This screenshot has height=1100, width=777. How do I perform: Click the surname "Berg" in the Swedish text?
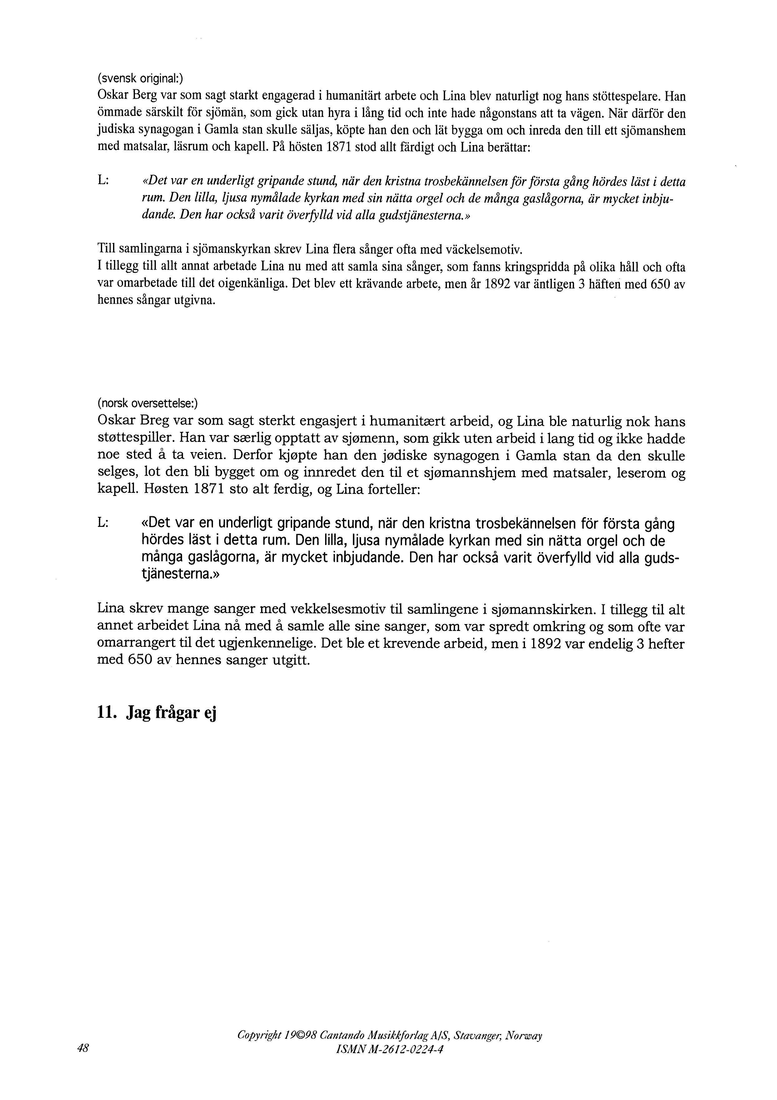142,96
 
